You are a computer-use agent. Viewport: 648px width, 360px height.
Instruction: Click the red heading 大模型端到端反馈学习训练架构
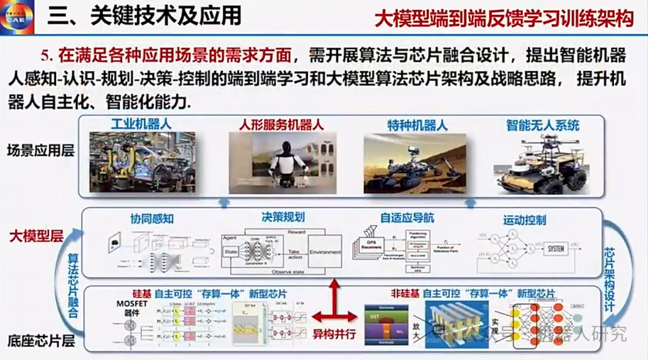point(504,17)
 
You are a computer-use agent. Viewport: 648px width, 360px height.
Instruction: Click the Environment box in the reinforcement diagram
point(325,251)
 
